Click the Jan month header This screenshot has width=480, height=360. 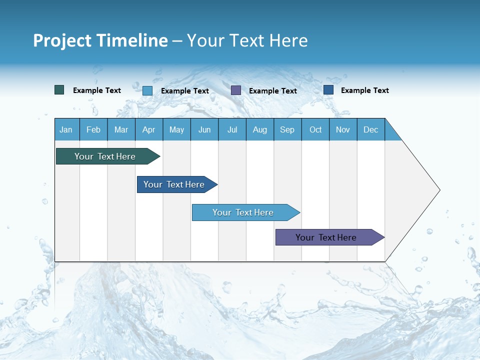click(x=66, y=129)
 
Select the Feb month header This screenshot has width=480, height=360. click(x=93, y=129)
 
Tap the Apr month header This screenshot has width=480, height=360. click(x=149, y=129)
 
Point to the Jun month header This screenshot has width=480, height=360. click(x=204, y=129)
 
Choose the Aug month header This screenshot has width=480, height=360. click(x=260, y=129)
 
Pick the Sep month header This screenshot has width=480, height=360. click(x=287, y=129)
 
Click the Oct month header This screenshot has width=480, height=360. click(x=315, y=129)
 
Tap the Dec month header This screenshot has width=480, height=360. click(x=371, y=129)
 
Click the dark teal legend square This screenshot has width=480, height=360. click(x=59, y=90)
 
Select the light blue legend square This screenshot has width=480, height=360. click(x=147, y=90)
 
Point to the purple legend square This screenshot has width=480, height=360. click(x=236, y=90)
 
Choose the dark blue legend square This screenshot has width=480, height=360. click(x=328, y=90)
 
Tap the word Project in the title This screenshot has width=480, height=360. click(x=62, y=40)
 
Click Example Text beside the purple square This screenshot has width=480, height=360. click(x=273, y=91)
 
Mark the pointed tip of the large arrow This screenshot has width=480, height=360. click(x=439, y=190)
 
